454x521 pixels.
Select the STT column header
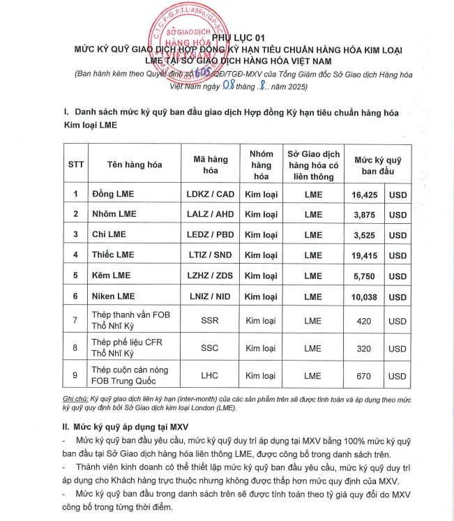(75, 165)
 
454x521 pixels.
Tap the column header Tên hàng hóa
(135, 165)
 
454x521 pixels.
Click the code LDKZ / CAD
(211, 193)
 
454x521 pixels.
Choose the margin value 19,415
(365, 255)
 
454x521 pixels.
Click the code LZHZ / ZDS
(211, 275)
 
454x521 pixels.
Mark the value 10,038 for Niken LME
(365, 296)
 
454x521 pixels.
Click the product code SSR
(210, 321)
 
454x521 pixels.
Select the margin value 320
(364, 348)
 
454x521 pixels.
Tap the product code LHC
(210, 375)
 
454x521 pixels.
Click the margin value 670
(364, 376)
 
